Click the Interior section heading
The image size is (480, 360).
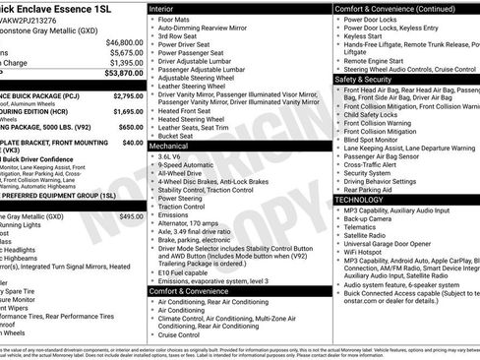click(x=168, y=7)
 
